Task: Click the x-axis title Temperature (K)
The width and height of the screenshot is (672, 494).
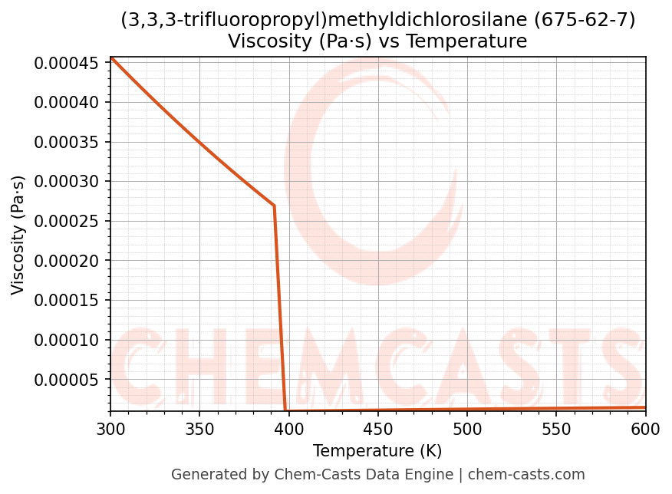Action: [x=377, y=451]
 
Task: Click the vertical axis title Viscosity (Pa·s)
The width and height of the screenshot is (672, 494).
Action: [x=18, y=235]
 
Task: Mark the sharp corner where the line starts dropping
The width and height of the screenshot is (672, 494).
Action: [x=274, y=206]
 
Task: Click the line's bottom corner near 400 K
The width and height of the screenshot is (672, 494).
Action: [x=285, y=410]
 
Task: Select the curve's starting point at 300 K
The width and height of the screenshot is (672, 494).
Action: [x=110, y=57]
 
